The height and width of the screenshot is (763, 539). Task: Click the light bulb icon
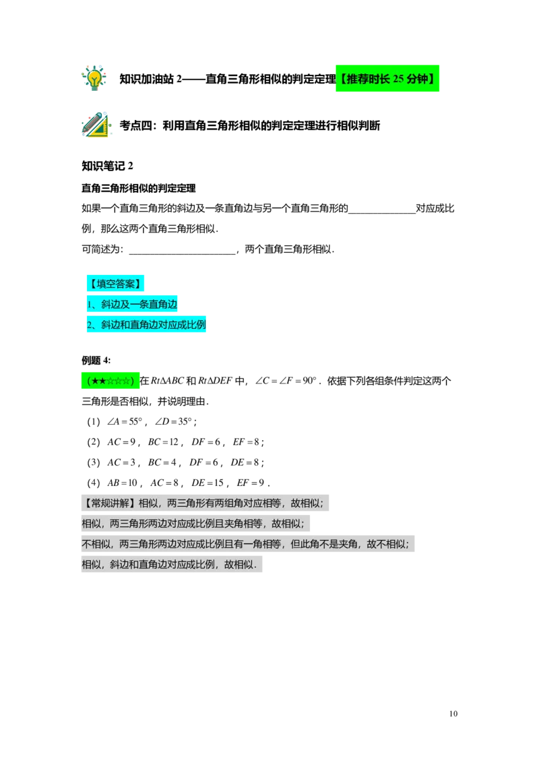click(94, 78)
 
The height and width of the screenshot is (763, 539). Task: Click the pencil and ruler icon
click(96, 125)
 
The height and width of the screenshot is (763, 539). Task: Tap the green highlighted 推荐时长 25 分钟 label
click(387, 78)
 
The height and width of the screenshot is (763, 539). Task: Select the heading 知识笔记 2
click(107, 166)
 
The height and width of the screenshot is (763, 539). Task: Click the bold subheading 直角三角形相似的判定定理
click(139, 188)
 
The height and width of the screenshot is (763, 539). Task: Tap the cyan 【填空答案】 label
click(115, 284)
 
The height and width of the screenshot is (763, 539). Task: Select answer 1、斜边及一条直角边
click(132, 305)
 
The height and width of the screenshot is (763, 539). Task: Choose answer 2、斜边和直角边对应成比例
click(146, 325)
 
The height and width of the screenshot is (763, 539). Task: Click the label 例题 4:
click(96, 361)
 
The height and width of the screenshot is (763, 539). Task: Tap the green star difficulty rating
click(110, 381)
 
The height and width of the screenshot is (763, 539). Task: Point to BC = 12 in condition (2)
click(164, 442)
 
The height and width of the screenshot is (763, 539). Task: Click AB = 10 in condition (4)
click(122, 483)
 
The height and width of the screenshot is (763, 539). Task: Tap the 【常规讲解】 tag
click(110, 503)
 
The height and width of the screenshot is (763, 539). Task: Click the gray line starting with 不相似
click(248, 544)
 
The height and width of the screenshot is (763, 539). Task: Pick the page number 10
click(453, 714)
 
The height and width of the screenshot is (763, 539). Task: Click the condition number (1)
click(94, 421)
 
